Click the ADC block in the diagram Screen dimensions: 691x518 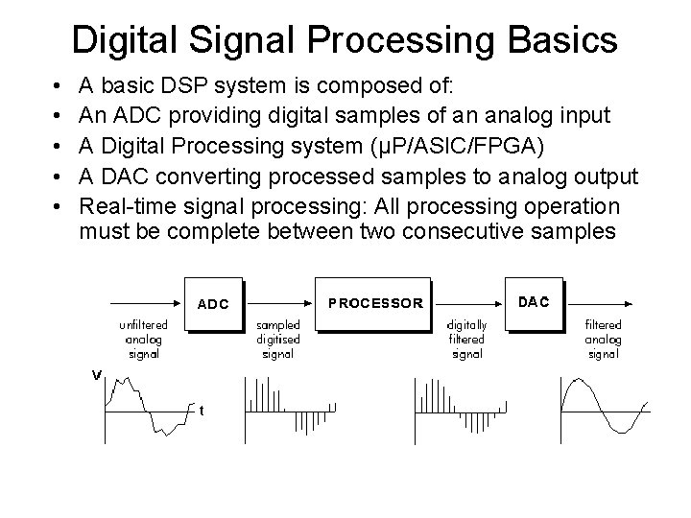(212, 303)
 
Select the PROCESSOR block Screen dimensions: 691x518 (374, 302)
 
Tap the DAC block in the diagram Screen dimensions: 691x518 (534, 301)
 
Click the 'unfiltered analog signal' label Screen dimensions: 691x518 (140, 340)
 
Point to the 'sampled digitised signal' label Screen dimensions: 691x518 (277, 340)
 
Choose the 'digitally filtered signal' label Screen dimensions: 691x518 (467, 340)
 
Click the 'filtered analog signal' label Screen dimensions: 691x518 (603, 340)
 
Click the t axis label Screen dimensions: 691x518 (202, 411)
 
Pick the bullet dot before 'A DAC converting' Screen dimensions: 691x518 (60, 177)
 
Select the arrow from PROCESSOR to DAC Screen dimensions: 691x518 (467, 280)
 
